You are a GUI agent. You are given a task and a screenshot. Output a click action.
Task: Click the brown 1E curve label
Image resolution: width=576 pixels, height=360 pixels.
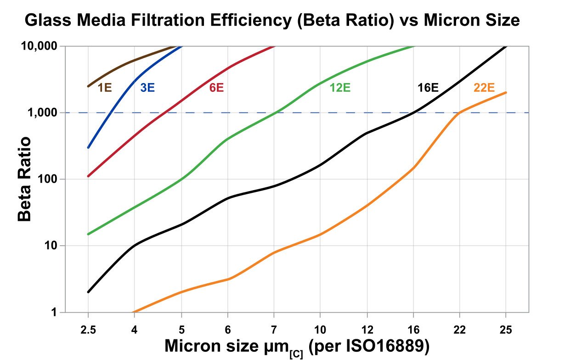(105, 87)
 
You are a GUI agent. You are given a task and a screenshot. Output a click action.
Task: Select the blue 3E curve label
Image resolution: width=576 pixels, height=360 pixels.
(147, 87)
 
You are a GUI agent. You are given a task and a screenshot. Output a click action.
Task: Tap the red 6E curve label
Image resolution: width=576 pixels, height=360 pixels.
(216, 87)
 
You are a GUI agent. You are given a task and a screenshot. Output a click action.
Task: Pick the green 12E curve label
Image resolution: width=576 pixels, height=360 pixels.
(340, 87)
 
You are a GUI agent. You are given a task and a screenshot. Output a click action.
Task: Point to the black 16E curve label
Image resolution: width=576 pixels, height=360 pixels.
(428, 87)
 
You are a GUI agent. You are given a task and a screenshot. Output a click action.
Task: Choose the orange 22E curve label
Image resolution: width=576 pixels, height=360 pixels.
(484, 87)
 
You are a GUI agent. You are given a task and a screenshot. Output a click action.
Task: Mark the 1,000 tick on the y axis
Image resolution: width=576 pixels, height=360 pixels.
(44, 113)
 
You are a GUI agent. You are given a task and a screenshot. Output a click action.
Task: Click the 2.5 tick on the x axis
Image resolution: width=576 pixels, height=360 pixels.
(88, 330)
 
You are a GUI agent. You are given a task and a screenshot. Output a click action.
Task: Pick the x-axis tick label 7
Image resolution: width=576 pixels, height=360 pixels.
(274, 330)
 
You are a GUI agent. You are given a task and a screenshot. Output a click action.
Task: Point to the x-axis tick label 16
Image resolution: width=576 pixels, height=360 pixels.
(413, 330)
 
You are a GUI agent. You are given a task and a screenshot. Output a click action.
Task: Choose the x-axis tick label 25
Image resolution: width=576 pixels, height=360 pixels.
(506, 330)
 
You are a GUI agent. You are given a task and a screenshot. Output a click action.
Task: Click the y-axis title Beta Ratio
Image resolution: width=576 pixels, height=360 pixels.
(25, 179)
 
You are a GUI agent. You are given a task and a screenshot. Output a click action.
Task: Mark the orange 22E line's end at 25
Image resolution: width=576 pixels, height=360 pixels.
(506, 92)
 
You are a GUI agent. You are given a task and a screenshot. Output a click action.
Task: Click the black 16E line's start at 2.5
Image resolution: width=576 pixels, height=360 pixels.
(88, 292)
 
